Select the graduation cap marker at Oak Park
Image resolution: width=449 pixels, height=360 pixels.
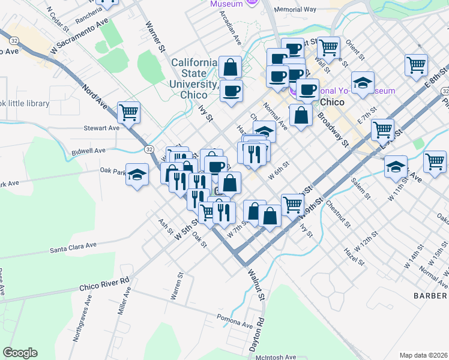[137, 175]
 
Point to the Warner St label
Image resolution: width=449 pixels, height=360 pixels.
[155, 36]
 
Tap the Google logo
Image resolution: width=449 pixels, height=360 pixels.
[20, 353]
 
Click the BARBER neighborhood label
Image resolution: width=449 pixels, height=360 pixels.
[430, 296]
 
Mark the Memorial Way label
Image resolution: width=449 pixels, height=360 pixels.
[295, 10]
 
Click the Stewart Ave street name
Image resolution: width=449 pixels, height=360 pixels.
[101, 128]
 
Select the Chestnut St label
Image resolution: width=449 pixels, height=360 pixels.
[339, 215]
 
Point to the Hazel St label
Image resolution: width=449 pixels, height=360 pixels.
[354, 256]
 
